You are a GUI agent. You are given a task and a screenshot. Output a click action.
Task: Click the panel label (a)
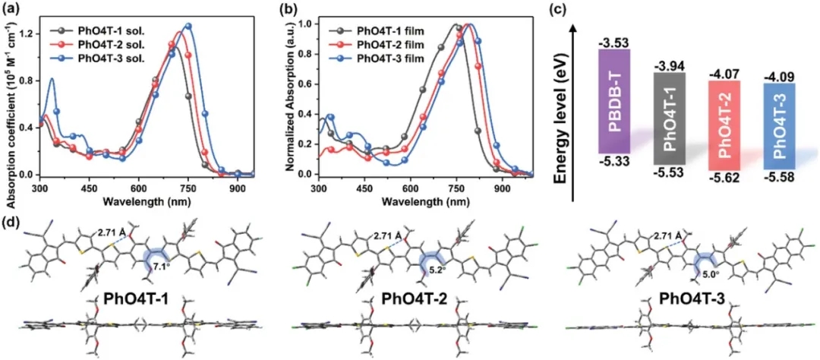(x=12, y=9)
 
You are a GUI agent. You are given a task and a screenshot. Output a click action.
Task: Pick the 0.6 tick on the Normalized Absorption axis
(x=304, y=84)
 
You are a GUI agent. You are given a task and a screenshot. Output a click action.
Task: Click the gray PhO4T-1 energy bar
(x=670, y=119)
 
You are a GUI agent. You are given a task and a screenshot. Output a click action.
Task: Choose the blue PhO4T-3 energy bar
(x=780, y=123)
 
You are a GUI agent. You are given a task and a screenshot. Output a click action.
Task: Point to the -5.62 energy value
(x=725, y=181)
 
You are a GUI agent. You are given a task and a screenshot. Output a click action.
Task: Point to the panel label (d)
(x=12, y=225)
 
